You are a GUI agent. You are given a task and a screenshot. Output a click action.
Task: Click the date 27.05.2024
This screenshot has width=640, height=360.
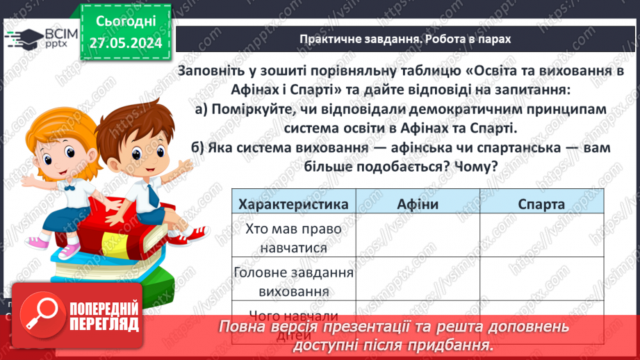pyautogui.click(x=126, y=43)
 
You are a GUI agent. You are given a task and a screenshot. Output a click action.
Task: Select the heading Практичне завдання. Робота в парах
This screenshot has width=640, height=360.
pyautogui.click(x=405, y=39)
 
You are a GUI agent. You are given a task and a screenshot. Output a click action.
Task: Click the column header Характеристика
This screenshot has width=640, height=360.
pyautogui.click(x=293, y=204)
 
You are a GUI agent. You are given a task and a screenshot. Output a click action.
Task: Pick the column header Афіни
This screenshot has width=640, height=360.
pyautogui.click(x=418, y=204)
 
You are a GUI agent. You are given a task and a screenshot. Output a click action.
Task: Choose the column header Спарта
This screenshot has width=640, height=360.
pyautogui.click(x=541, y=204)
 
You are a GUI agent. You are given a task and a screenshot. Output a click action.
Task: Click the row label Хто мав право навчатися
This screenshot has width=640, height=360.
pyautogui.click(x=293, y=237)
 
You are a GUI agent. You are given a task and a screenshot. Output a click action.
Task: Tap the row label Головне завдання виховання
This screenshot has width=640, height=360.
pyautogui.click(x=293, y=282)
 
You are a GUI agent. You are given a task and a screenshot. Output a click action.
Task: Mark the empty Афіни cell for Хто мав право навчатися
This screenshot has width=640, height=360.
pyautogui.click(x=418, y=237)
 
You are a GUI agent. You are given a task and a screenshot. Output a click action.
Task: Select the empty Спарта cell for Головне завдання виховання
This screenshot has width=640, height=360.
pyautogui.click(x=541, y=282)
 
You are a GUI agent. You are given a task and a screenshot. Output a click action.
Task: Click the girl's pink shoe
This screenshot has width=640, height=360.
pyautogui.click(x=38, y=242)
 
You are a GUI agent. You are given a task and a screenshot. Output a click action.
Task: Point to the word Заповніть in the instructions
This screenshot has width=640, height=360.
pyautogui.click(x=213, y=71)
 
